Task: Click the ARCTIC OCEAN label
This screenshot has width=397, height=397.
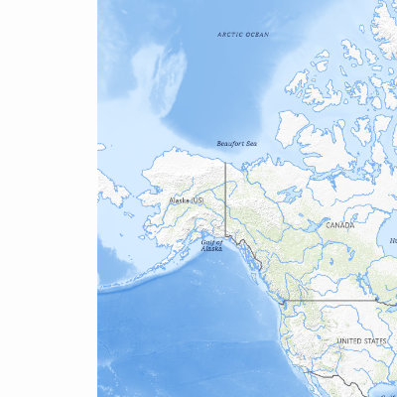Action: pos(243,34)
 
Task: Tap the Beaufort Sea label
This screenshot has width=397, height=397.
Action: pos(237,143)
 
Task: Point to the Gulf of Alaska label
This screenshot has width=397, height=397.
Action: pos(212,245)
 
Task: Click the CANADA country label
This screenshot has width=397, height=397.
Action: pos(340,225)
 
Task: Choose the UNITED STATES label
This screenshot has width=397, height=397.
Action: pos(361,340)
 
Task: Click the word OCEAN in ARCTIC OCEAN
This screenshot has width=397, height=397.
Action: pos(256,34)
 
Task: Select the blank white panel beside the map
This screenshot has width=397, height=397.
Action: pos(48,198)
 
